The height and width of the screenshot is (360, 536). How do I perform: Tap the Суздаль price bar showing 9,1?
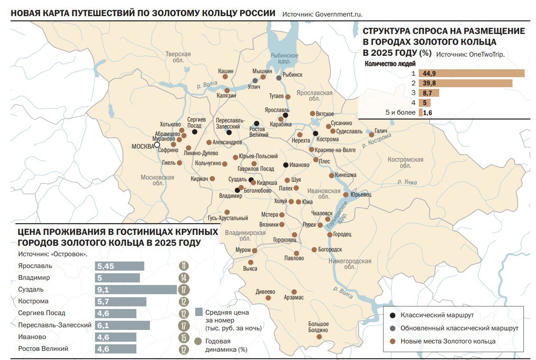(136, 290)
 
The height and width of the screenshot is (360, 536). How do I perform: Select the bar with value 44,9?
(471, 73)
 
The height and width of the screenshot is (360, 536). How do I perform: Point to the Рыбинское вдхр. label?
(284, 58)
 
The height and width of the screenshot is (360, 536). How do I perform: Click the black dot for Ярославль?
(285, 115)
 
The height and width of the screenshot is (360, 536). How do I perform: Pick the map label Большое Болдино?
(318, 327)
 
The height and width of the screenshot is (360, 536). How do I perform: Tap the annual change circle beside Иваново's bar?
(184, 337)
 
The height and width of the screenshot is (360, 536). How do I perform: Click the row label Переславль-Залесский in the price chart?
(55, 325)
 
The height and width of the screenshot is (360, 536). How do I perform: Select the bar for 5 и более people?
(421, 112)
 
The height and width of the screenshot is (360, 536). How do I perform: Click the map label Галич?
(380, 131)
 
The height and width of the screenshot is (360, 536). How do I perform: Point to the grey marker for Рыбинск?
(279, 78)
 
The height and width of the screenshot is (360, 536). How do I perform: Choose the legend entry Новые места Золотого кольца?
(448, 341)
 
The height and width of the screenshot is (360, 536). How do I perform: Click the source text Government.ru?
(322, 14)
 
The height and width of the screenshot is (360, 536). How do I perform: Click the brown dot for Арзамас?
(294, 292)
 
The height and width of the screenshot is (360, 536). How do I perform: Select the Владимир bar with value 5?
(117, 278)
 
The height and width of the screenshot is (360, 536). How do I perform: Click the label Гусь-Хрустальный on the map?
(228, 218)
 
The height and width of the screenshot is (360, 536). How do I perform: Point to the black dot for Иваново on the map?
(285, 165)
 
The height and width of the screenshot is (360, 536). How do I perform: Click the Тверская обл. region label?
(178, 57)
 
